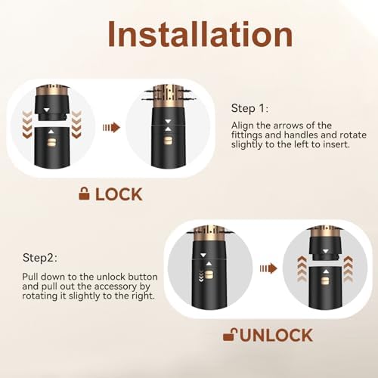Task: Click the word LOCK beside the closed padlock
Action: tap(118, 194)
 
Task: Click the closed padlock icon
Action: tap(83, 194)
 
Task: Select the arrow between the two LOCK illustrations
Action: tap(112, 127)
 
